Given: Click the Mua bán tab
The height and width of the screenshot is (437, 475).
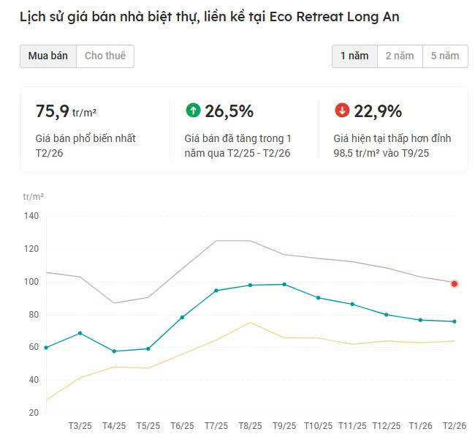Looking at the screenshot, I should [48, 56].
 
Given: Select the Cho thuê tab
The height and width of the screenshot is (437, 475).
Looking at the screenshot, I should [105, 56].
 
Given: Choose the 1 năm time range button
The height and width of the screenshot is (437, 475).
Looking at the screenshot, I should [354, 56].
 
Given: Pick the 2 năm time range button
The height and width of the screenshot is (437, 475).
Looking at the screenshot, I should [400, 56].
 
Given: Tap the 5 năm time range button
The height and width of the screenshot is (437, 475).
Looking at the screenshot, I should [445, 56].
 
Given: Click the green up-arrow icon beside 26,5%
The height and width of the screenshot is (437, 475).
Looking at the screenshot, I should [193, 111].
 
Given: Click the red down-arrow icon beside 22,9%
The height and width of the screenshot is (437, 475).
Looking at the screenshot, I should [342, 111].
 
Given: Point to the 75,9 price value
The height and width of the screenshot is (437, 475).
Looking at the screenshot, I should [53, 111].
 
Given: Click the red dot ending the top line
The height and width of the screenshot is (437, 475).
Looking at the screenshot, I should [455, 283].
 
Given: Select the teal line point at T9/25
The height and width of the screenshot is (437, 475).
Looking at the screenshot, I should [284, 284].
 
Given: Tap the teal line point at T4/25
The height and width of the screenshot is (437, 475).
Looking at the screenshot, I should [114, 351].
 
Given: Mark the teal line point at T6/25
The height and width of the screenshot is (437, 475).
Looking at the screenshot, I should [182, 317].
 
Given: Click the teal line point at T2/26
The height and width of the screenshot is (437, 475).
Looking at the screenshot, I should [455, 321].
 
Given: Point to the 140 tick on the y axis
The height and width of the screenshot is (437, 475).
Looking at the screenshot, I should [31, 216].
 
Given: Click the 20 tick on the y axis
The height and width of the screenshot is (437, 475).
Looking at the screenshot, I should [34, 413].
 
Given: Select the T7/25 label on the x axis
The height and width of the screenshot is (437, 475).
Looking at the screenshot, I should [216, 426].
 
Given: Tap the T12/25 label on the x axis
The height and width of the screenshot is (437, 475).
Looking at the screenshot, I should [387, 426].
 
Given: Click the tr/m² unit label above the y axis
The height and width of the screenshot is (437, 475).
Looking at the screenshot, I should [34, 197].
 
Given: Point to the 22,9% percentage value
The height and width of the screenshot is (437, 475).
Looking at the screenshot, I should [378, 111].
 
